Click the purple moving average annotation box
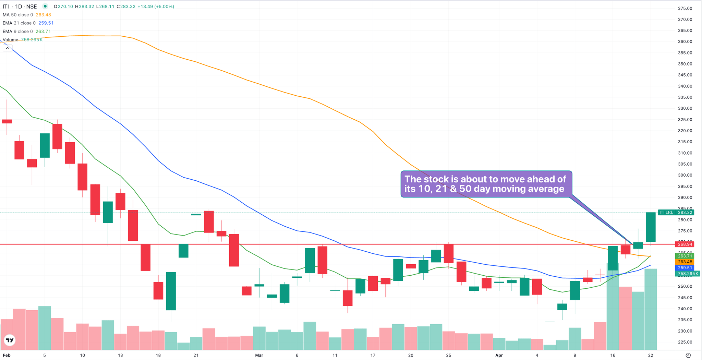486,184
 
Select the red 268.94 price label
685,244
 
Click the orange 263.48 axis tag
685,262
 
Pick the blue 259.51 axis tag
685,268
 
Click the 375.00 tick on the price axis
685,8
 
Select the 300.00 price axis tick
685,175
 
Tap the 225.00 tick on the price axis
685,342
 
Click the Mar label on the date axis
259,355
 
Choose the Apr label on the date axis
499,355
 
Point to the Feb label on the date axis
7,355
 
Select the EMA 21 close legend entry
19,23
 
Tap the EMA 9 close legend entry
18,31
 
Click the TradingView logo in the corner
10,340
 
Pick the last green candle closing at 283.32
651,227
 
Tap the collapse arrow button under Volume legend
8,48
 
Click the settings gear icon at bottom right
688,355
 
